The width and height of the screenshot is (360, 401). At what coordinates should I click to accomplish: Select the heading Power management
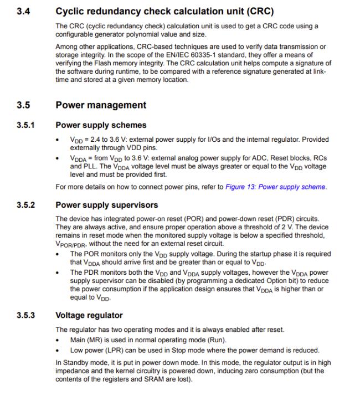click(101, 105)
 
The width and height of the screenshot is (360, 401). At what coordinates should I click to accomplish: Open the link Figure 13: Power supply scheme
click(276, 187)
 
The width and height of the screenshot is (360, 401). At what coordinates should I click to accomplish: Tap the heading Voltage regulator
click(89, 315)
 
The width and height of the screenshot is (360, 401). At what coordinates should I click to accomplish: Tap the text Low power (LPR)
click(95, 350)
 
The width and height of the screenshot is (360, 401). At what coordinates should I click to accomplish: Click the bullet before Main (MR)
click(59, 339)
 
